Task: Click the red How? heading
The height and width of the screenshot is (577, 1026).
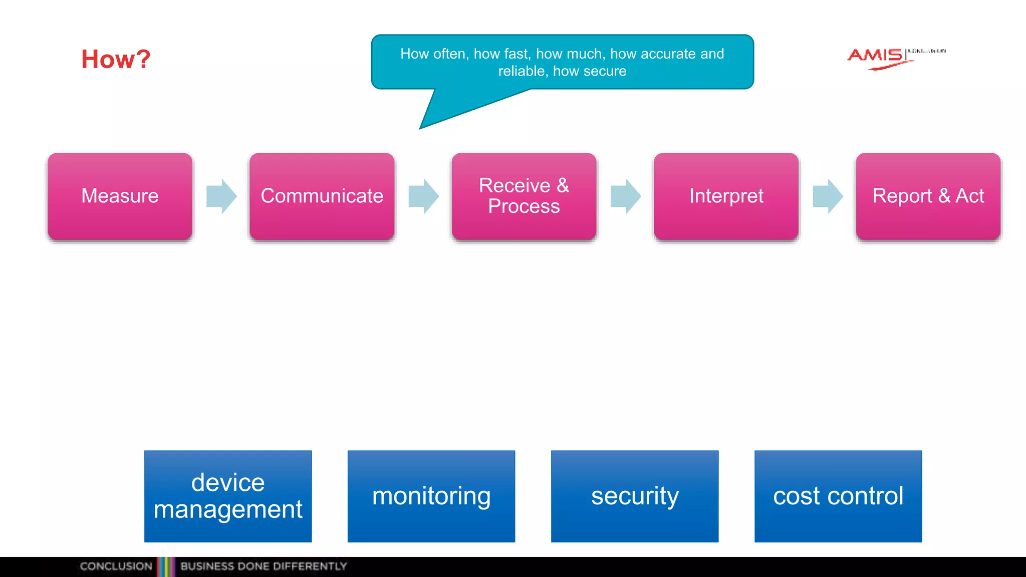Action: point(116,59)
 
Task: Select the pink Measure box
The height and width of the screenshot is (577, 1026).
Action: point(120,196)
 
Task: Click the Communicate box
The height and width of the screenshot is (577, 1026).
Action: point(322,196)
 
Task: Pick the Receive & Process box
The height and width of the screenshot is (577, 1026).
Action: point(524,196)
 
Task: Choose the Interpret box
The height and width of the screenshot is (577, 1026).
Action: point(726,196)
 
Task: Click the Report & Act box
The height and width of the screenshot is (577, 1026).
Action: point(928,196)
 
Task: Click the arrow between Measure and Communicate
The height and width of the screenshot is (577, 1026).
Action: point(221,196)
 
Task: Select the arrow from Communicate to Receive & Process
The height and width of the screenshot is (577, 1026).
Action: point(423,196)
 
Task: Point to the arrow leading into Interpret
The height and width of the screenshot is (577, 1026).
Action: point(625,196)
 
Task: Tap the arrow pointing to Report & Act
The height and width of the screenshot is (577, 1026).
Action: point(828,196)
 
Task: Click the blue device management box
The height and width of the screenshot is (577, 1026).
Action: point(228,496)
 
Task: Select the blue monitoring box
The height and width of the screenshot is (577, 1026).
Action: point(431,496)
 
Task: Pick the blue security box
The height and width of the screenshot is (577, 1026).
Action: point(635,496)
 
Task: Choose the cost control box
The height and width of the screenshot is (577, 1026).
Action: point(838,496)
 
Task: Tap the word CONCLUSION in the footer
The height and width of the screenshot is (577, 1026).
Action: point(116,566)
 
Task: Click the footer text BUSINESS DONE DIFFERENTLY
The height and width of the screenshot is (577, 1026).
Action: point(264,566)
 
